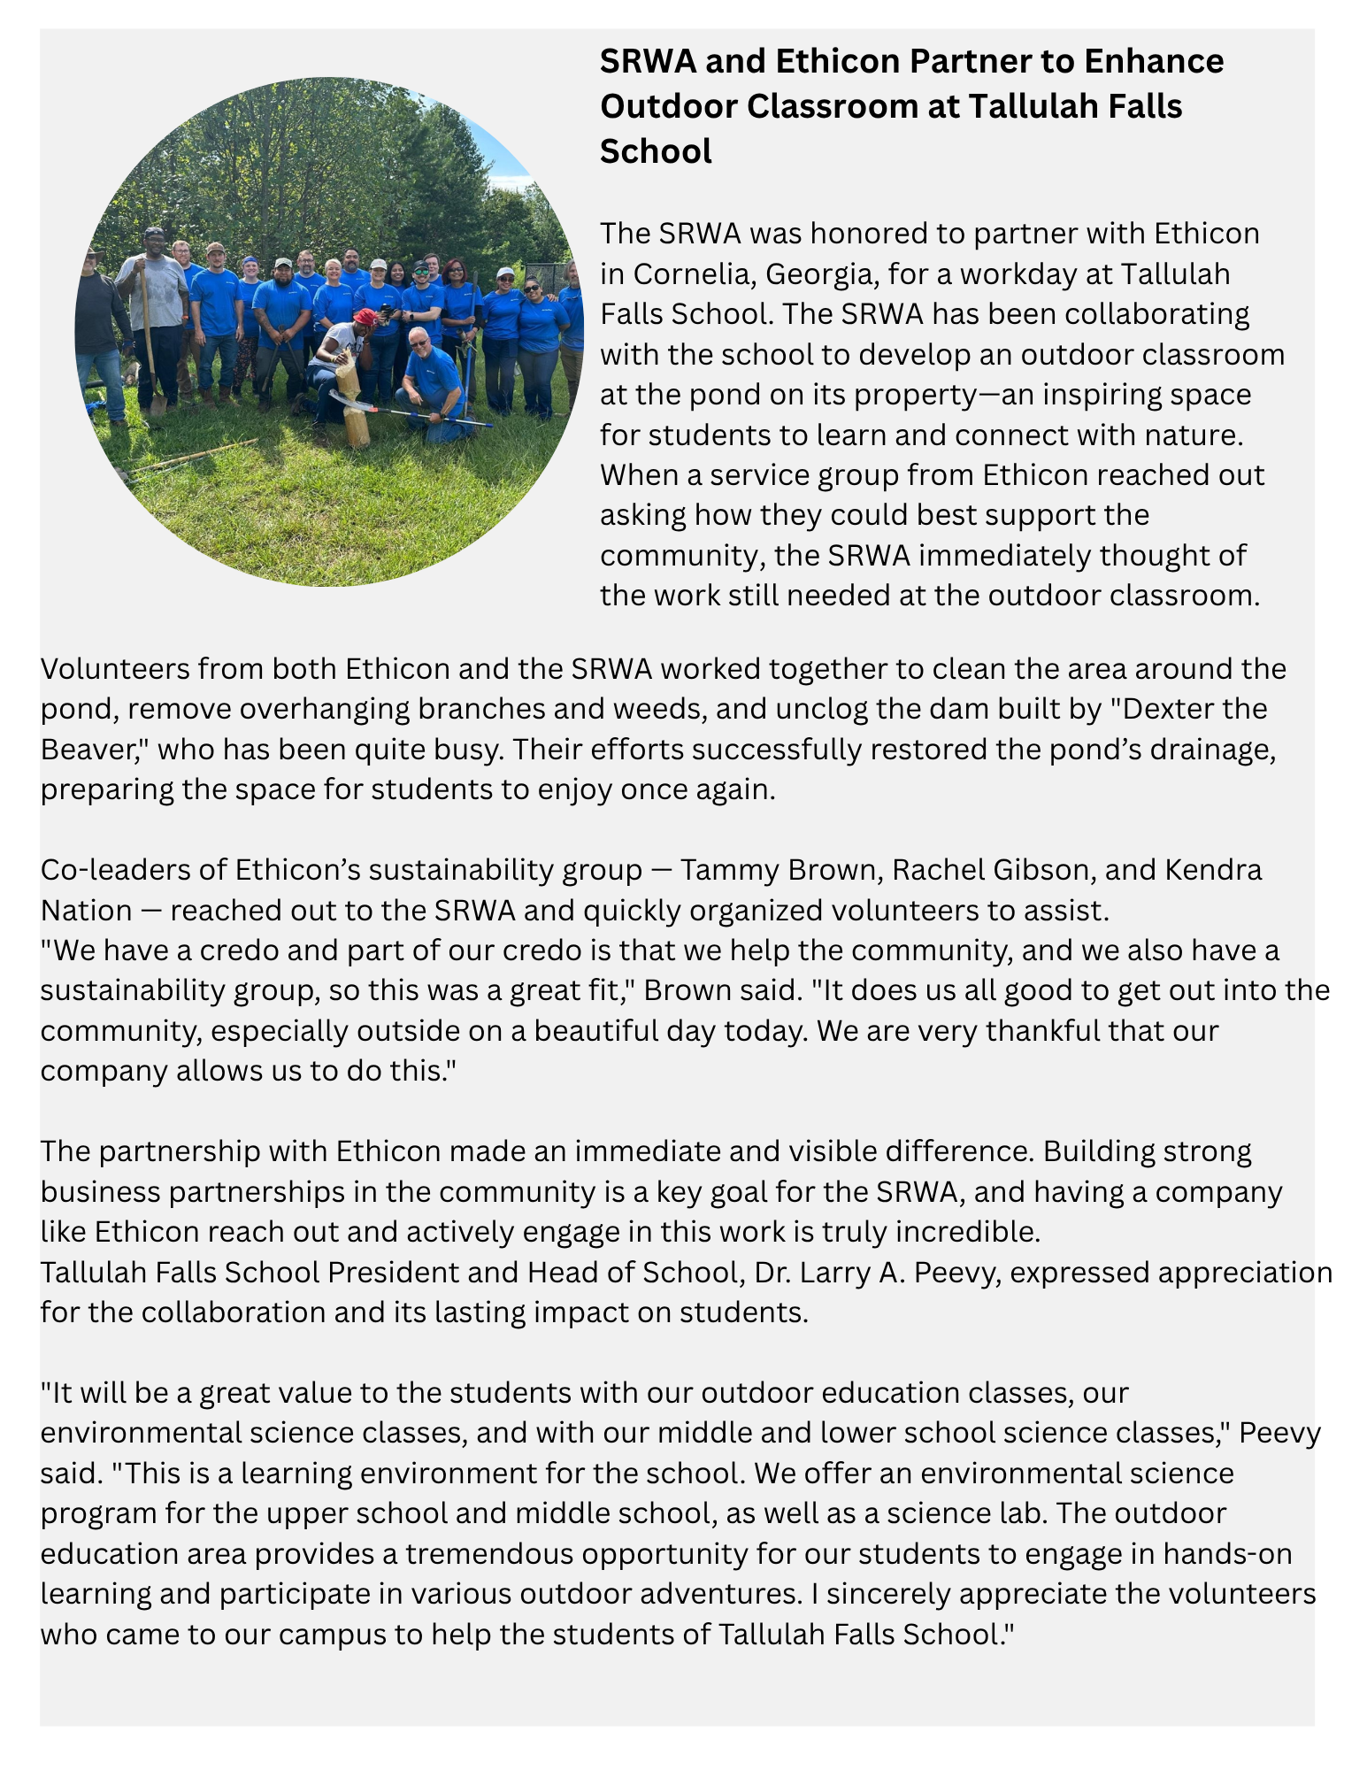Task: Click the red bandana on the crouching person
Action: point(365,316)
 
